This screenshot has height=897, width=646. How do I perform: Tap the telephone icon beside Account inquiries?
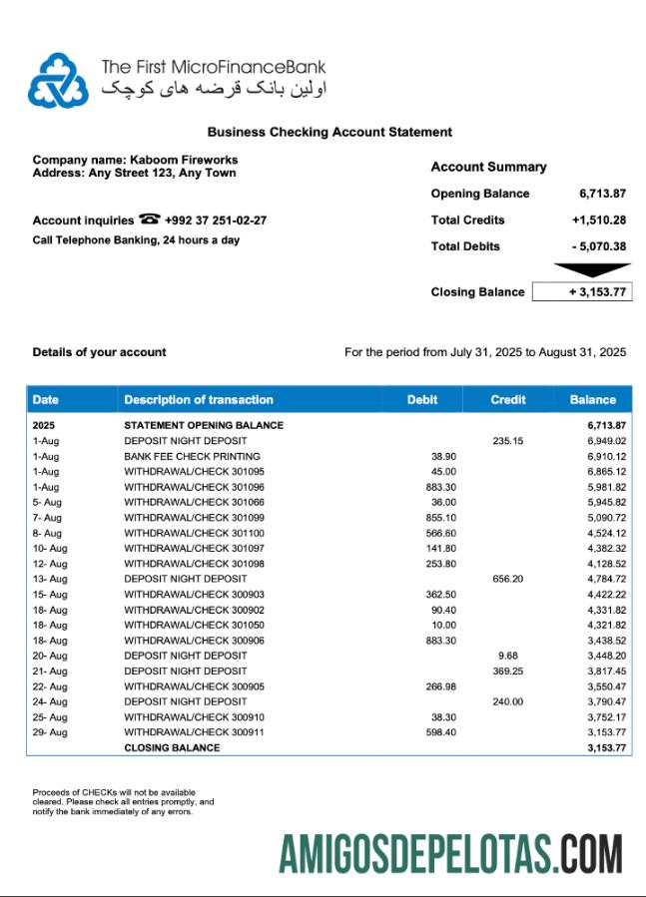point(150,220)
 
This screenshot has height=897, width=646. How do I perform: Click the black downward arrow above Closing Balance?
point(591,269)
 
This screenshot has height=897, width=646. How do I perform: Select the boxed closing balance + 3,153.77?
point(582,292)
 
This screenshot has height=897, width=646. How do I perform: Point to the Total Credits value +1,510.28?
point(599,221)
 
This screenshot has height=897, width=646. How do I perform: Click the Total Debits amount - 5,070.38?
point(599,246)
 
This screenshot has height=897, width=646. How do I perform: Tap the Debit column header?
point(422,400)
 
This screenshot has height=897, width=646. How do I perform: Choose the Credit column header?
point(508,400)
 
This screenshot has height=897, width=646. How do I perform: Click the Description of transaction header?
point(199,400)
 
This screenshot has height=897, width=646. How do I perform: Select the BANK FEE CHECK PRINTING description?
point(192,456)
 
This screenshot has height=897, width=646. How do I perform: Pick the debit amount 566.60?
point(440,533)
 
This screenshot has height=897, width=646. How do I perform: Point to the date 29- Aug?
point(50,732)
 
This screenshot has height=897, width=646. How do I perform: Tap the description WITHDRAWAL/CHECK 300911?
point(194,732)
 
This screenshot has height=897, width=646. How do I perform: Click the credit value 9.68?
point(508,656)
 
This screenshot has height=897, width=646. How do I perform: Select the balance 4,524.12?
point(606,533)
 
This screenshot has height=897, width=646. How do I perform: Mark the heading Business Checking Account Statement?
point(329,132)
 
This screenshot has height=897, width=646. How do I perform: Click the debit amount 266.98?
point(440,686)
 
